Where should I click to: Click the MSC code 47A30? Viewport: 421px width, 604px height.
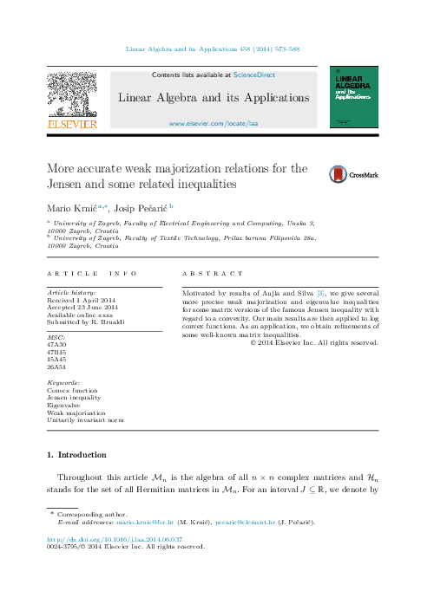[57, 343]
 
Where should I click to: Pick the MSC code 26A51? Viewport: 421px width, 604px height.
[57, 367]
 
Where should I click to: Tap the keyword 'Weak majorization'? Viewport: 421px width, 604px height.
[76, 413]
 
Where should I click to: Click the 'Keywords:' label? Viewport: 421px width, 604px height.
[63, 382]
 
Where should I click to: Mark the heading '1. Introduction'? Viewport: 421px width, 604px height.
[76, 454]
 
